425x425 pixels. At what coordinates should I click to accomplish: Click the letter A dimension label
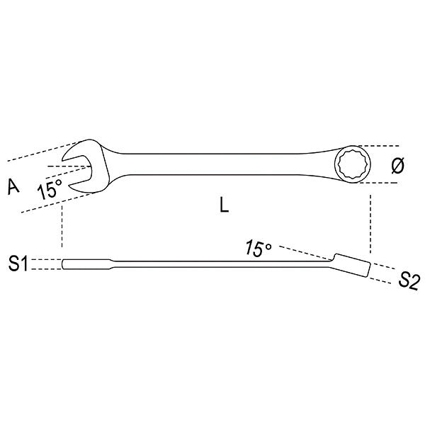(13, 186)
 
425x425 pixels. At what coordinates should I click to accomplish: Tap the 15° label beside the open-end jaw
(50, 188)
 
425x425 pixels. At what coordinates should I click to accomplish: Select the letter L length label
(223, 206)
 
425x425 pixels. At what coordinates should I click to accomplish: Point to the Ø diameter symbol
(397, 165)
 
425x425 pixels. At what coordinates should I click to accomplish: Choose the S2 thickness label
(409, 280)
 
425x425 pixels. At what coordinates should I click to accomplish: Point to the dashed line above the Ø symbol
(386, 147)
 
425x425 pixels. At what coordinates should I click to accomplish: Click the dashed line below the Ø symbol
(386, 183)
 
